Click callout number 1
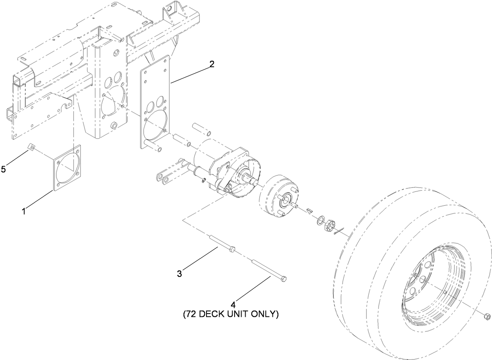tap(24, 211)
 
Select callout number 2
tap(212, 64)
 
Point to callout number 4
tap(233, 304)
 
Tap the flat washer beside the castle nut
tap(321, 220)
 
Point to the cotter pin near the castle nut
tap(339, 231)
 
